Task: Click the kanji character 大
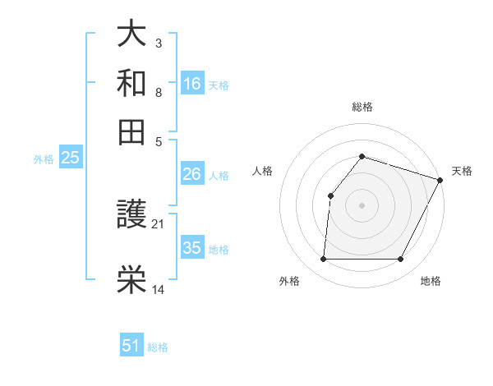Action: pos(132,34)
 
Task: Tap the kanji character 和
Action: pos(132,83)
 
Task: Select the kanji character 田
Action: pos(132,131)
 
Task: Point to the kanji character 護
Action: pos(132,216)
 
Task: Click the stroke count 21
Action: pos(159,223)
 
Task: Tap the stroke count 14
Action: pos(159,289)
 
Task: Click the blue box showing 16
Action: pos(191,84)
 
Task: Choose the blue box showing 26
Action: pos(191,174)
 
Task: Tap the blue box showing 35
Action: pos(191,248)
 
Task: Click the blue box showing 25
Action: pos(70,158)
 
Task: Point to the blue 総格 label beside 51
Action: pos(158,347)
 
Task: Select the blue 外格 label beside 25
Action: pos(44,159)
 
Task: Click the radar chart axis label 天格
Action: pos(462,171)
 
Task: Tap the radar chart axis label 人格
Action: pos(263,171)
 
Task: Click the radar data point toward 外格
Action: pos(323,260)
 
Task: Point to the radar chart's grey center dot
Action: pos(362,204)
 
